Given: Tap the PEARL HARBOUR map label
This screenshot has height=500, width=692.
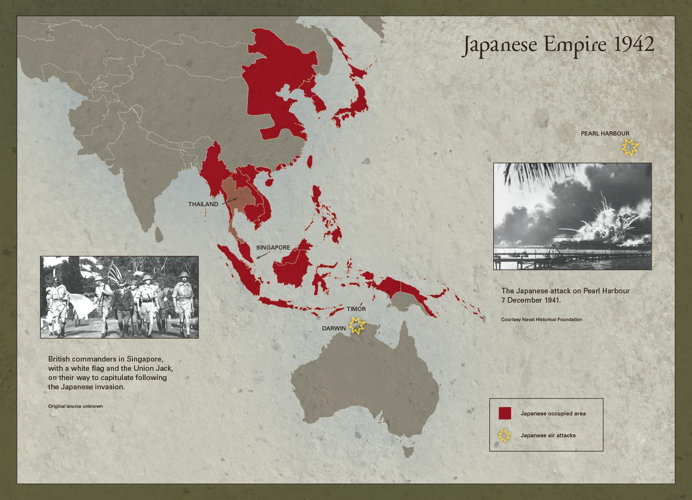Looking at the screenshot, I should click(x=605, y=133).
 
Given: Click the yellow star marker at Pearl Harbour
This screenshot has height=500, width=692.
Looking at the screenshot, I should click(x=630, y=147).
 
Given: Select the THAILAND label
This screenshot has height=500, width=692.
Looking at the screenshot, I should click(x=203, y=204).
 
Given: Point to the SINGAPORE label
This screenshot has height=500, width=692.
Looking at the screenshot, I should click(x=273, y=247).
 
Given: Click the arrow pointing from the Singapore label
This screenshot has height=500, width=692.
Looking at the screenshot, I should click(x=261, y=255).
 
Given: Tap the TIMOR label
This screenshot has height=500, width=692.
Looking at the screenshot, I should click(x=356, y=309).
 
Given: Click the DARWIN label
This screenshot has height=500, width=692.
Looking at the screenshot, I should click(x=334, y=328).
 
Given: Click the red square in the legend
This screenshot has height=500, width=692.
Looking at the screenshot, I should click(x=505, y=413).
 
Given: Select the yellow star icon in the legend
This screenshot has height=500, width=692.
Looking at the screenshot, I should click(x=504, y=436).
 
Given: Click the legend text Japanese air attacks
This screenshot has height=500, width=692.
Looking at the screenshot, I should click(x=548, y=435).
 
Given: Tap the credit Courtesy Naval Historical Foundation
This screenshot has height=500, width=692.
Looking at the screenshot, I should click(x=541, y=319).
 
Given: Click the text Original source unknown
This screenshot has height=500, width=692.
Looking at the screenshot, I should click(x=75, y=406).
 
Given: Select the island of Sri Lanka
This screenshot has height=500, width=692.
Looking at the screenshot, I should click(x=159, y=234).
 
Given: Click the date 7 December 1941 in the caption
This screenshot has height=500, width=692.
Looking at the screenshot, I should click(x=531, y=300).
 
